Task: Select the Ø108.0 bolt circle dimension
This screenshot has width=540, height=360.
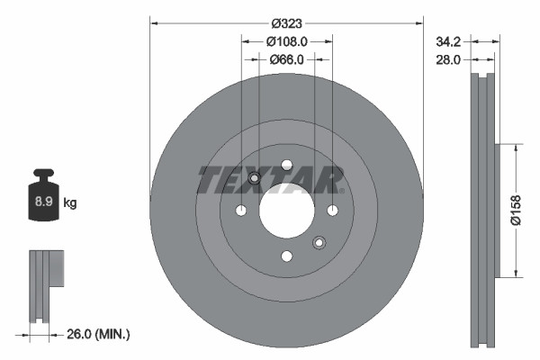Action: tap(287, 40)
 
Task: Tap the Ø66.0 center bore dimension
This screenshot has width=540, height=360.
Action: tap(287, 59)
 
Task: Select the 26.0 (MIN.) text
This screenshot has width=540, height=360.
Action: tap(99, 334)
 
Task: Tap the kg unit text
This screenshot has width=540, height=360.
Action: tap(70, 203)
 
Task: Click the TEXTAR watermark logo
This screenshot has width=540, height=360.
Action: tap(270, 179)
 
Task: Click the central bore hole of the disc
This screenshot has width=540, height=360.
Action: tap(286, 210)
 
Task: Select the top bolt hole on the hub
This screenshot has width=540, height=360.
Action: tap(286, 165)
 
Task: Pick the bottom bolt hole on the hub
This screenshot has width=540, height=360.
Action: tap(286, 256)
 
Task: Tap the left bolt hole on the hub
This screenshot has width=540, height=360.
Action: tap(241, 211)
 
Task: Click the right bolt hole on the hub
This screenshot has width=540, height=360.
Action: tap(332, 211)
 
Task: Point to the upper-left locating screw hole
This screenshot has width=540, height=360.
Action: tap(255, 178)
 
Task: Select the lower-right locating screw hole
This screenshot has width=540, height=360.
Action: tap(319, 242)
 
